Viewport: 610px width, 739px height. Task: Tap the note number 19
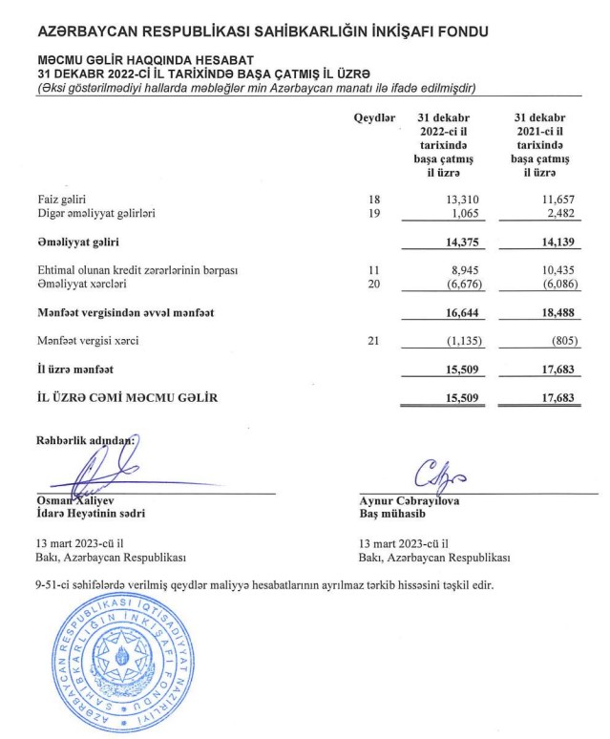pos(373,213)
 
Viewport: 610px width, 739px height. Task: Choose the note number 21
pos(373,341)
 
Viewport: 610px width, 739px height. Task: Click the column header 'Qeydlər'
pos(374,117)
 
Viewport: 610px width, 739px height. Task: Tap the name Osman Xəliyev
pos(75,499)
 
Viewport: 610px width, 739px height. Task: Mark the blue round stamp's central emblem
pos(127,657)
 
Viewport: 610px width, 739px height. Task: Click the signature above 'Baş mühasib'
pos(438,475)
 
